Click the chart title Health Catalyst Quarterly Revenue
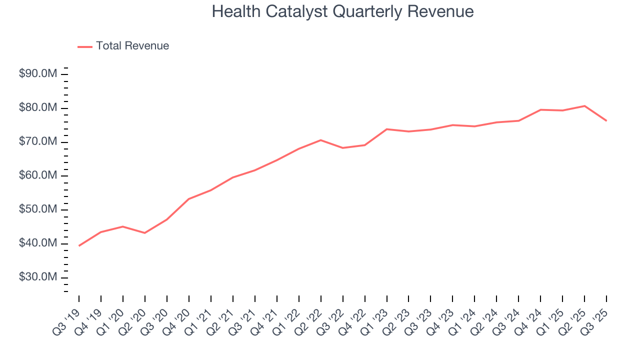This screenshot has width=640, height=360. coord(342,11)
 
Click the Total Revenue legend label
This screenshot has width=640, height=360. coord(132,46)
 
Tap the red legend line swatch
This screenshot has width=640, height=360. coord(85,46)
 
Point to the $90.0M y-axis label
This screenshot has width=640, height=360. coord(38,74)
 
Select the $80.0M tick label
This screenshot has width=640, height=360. coord(38,108)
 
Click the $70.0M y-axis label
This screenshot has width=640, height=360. coord(38,142)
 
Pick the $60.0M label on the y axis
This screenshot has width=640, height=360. coord(38,175)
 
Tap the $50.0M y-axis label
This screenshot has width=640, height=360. coord(38,209)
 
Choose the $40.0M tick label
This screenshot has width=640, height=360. coord(38,243)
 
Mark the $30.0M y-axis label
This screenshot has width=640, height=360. coord(38,277)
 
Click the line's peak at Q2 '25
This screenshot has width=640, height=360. coord(584,106)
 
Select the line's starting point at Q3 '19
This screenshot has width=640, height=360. coord(79,245)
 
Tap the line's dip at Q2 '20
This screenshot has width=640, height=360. coord(145,233)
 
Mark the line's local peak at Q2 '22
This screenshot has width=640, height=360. coord(320,140)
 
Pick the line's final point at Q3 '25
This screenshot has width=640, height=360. coord(606,120)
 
